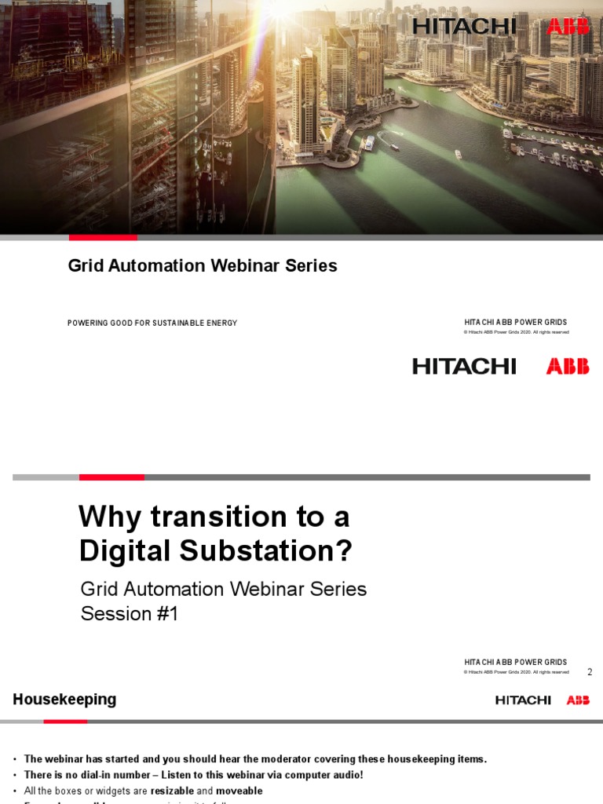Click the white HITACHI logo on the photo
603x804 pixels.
point(464,27)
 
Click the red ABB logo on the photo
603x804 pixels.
point(568,27)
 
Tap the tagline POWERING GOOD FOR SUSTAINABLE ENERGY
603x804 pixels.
point(152,323)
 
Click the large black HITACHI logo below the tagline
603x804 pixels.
point(464,367)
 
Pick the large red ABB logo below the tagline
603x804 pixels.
point(568,367)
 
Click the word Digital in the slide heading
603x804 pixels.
point(126,552)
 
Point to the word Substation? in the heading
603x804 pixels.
point(266,552)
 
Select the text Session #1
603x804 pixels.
point(130,614)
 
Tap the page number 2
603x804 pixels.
point(590,672)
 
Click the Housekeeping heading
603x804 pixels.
point(64,699)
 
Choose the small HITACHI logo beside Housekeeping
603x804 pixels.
point(523,700)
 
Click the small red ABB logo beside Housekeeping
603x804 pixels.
point(578,700)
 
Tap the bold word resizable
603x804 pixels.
point(172,791)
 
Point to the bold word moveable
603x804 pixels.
point(239,791)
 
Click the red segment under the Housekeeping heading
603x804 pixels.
point(65,721)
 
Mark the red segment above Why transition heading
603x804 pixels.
point(111,477)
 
